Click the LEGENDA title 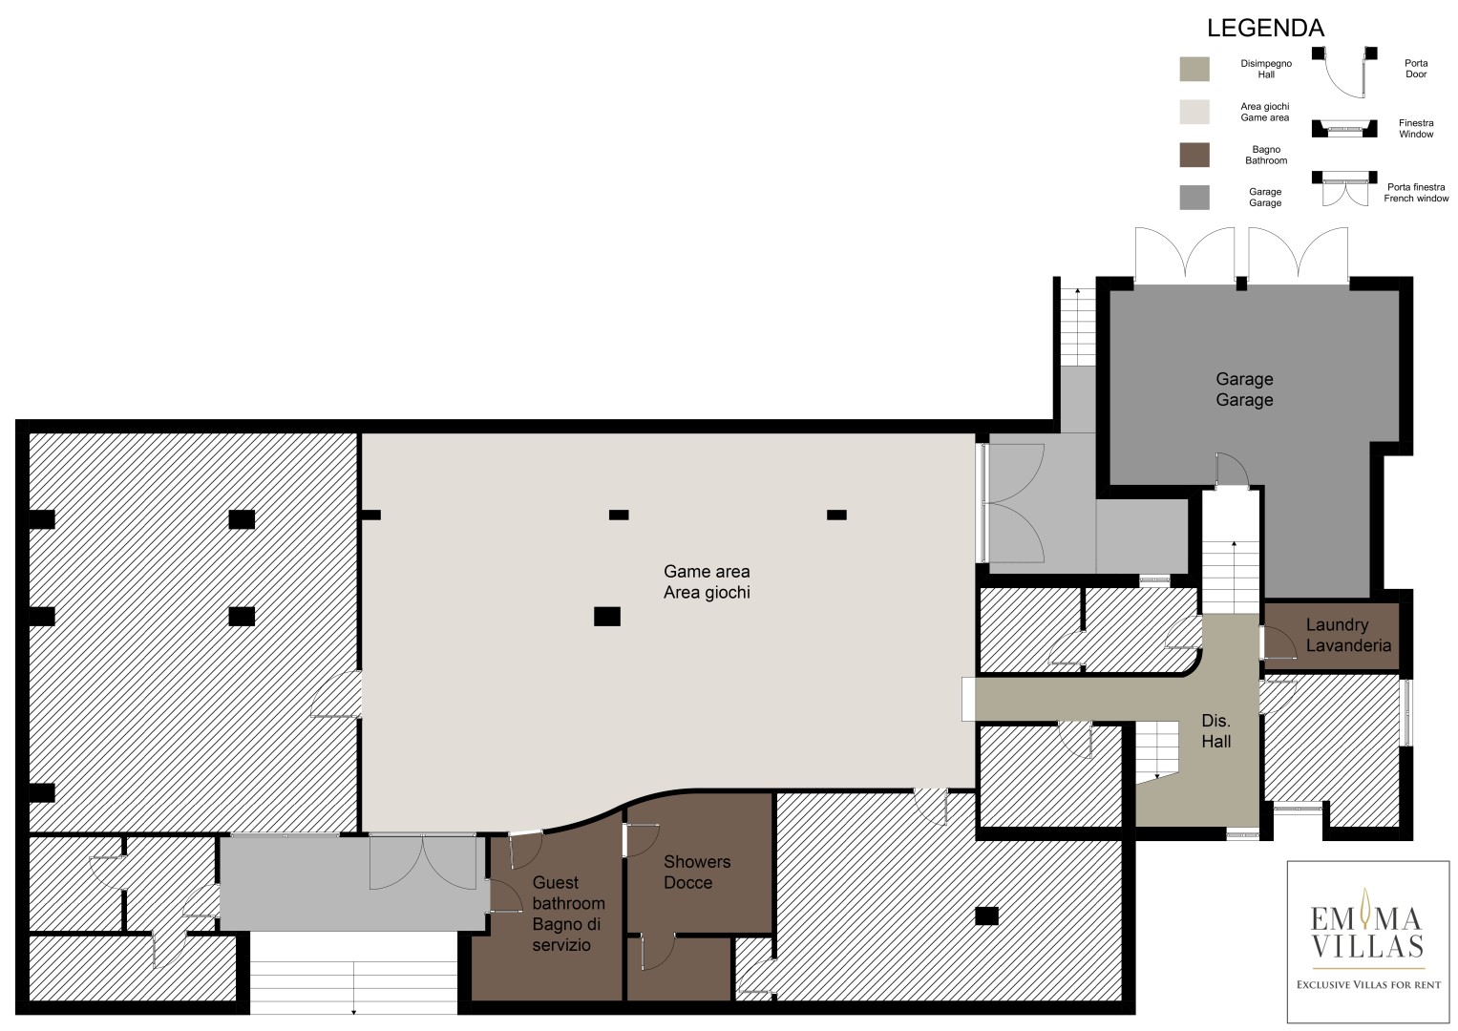[x=1265, y=28]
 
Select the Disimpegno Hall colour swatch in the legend [x=1194, y=69]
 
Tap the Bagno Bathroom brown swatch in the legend [x=1194, y=155]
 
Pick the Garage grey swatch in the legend [x=1194, y=198]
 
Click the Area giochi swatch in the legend [x=1194, y=112]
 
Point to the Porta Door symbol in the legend [x=1344, y=72]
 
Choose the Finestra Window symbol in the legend [x=1344, y=128]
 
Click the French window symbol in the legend [x=1344, y=188]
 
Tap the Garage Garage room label [x=1244, y=389]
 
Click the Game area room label [x=707, y=582]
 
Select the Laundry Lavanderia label [x=1348, y=635]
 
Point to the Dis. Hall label [x=1215, y=731]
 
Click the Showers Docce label [x=697, y=873]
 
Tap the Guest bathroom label [x=568, y=914]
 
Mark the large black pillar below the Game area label [x=606, y=616]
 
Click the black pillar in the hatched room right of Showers [x=986, y=915]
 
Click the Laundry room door [x=1278, y=642]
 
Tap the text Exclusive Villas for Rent [x=1368, y=985]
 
